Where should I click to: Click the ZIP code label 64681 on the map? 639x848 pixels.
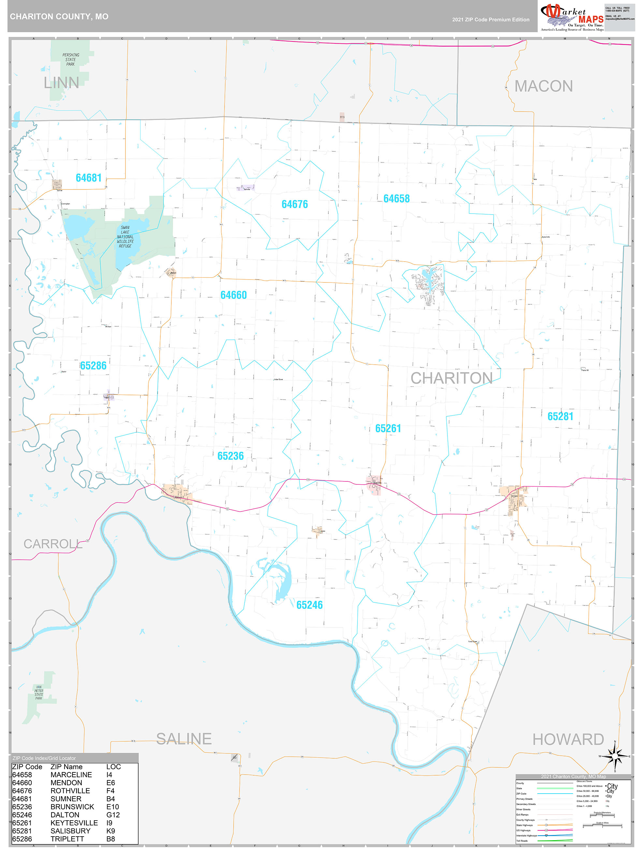pos(89,178)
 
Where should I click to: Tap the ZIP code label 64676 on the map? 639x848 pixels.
pos(295,204)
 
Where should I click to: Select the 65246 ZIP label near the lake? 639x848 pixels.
pos(310,605)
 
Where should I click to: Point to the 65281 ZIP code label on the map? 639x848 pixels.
pos(560,416)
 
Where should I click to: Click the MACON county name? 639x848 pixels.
pos(543,86)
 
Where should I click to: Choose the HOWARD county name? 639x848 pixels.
pos(568,739)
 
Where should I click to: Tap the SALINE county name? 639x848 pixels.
pos(184,739)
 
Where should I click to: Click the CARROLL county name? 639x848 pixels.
pos(53,544)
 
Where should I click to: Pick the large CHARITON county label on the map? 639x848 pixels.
pos(451,378)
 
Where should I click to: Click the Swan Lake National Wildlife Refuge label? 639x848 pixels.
pos(125,236)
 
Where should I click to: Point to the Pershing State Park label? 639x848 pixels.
pos(70,59)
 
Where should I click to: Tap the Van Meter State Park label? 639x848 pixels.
pos(39,692)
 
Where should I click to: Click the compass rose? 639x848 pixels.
pos(615,756)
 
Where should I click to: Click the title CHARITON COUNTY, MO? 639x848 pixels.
pos(59,17)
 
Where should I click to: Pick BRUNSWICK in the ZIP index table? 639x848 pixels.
pos(72,807)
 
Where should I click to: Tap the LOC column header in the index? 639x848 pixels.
pos(113,767)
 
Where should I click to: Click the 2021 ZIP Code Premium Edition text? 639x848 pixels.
pos(490,20)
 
